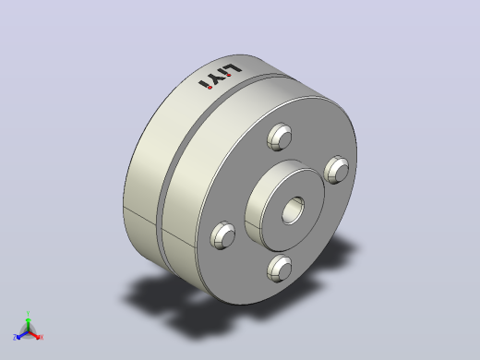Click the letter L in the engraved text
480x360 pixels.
[234, 69]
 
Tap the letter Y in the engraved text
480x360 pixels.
[216, 78]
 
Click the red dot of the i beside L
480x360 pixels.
[229, 75]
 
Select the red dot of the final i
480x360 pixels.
[210, 88]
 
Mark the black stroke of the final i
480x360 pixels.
[203, 83]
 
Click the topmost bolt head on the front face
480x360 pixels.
[280, 137]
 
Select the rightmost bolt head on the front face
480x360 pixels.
[336, 170]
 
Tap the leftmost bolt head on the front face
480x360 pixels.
[222, 235]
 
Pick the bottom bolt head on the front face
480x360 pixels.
[280, 269]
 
